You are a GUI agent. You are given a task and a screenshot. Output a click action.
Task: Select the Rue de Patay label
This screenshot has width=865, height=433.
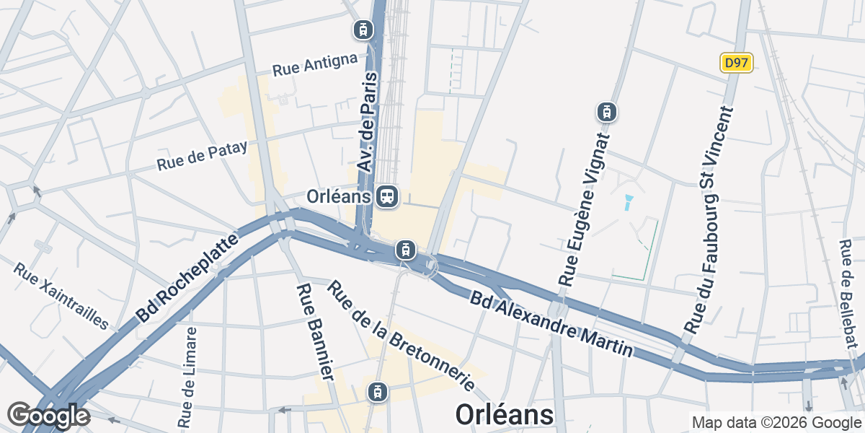click(202, 155)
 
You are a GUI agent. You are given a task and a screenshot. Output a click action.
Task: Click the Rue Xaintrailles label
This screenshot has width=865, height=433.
click(61, 295)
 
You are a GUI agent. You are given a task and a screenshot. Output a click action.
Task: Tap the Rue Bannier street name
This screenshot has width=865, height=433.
click(315, 331)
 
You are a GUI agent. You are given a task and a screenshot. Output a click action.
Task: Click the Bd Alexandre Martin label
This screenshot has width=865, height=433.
click(551, 323)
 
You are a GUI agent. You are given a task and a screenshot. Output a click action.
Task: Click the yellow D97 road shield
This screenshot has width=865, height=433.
click(736, 63)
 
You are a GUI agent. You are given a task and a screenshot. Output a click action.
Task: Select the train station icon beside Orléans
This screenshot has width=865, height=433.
click(387, 196)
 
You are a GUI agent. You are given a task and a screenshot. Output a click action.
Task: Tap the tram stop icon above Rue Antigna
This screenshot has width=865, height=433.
click(363, 30)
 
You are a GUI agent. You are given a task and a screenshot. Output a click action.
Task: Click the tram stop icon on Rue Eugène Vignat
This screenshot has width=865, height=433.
click(607, 112)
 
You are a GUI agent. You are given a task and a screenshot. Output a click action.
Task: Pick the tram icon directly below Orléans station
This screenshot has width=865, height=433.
click(406, 250)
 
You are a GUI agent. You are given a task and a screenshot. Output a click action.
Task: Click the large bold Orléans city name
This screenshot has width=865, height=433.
click(505, 414)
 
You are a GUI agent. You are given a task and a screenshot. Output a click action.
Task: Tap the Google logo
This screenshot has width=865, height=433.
click(48, 416)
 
